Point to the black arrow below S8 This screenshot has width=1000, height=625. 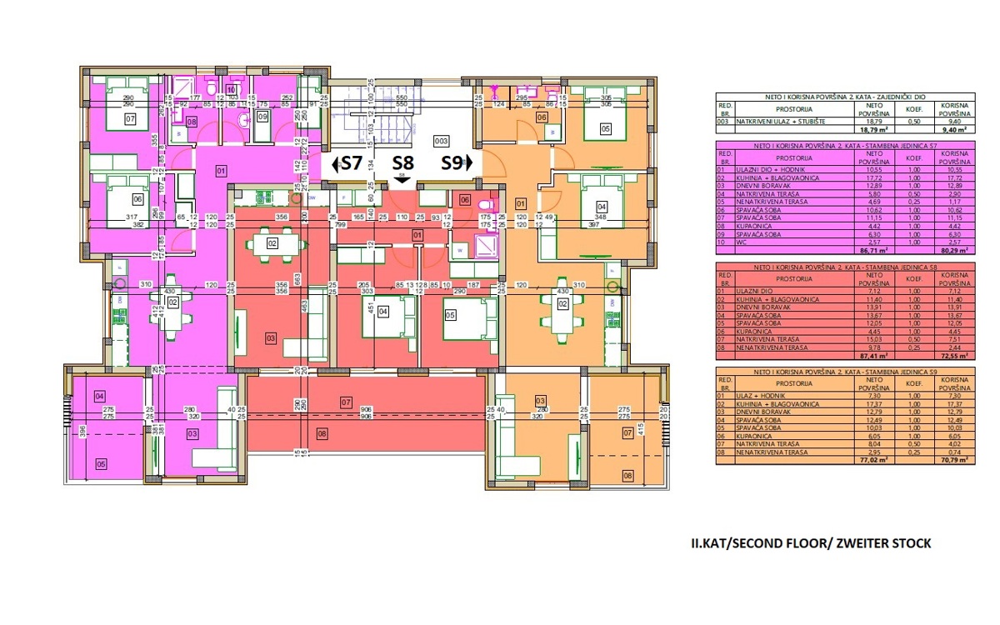pos(402,178)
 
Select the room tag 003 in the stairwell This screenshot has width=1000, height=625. pos(442,141)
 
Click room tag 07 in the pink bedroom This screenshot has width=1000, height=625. pos(130,120)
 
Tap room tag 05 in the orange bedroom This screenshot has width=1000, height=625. pos(605,128)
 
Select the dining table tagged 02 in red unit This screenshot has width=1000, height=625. pos(272,244)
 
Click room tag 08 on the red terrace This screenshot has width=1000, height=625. pos(322,432)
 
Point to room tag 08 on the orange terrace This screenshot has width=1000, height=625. pos(627,476)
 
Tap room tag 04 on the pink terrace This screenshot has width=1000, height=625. pos(99,396)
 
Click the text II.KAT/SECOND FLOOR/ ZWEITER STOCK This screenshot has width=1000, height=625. pos(811,543)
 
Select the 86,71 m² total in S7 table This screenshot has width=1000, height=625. pos(874,249)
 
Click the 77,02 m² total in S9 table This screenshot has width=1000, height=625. pos(874,459)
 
